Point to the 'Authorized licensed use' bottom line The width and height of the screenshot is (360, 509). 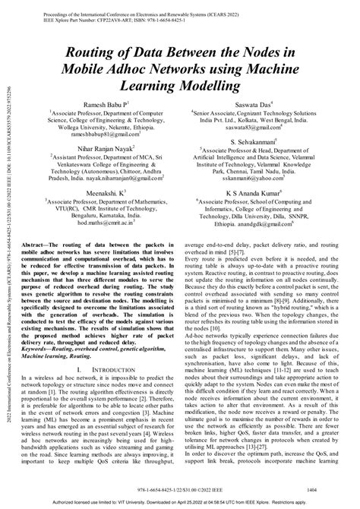tap(180, 503)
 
